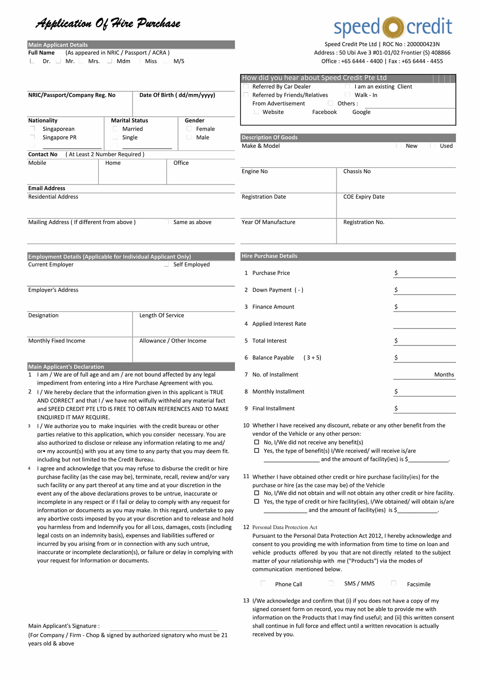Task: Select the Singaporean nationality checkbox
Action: (x=32, y=128)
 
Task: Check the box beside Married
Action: (x=115, y=128)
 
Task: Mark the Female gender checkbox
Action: (x=189, y=128)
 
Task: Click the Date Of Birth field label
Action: (x=177, y=95)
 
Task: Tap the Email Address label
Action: (x=47, y=188)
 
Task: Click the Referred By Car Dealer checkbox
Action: (x=246, y=86)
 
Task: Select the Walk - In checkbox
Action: (x=347, y=95)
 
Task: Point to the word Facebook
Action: (x=324, y=112)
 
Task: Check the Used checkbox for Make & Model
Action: (x=433, y=146)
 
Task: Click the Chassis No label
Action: (x=357, y=171)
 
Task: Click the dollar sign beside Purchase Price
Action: (x=396, y=273)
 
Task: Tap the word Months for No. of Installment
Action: (x=444, y=374)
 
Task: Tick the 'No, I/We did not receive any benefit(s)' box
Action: (x=257, y=442)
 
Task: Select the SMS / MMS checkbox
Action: (x=331, y=583)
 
